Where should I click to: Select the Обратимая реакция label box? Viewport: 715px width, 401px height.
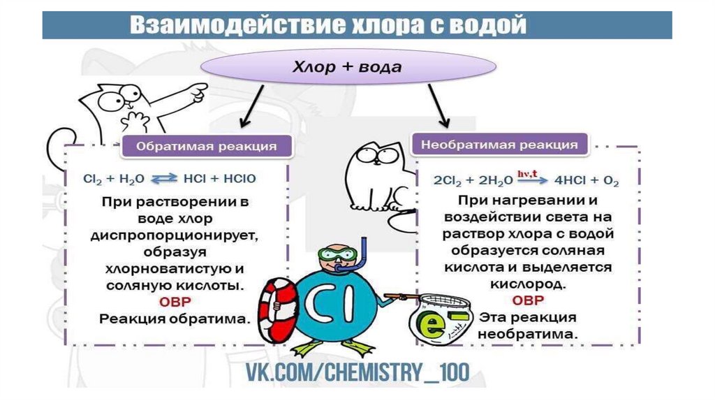pos(206,147)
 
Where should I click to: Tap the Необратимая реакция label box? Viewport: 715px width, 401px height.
pos(499,145)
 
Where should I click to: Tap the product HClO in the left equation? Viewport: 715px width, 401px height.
pos(239,179)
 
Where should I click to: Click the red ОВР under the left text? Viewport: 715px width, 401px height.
pos(175,302)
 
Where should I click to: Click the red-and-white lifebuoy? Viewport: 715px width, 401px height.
pos(276,308)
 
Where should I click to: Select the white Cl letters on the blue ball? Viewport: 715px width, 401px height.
pos(334,301)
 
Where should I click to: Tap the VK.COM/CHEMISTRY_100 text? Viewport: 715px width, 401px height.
pos(357,372)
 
